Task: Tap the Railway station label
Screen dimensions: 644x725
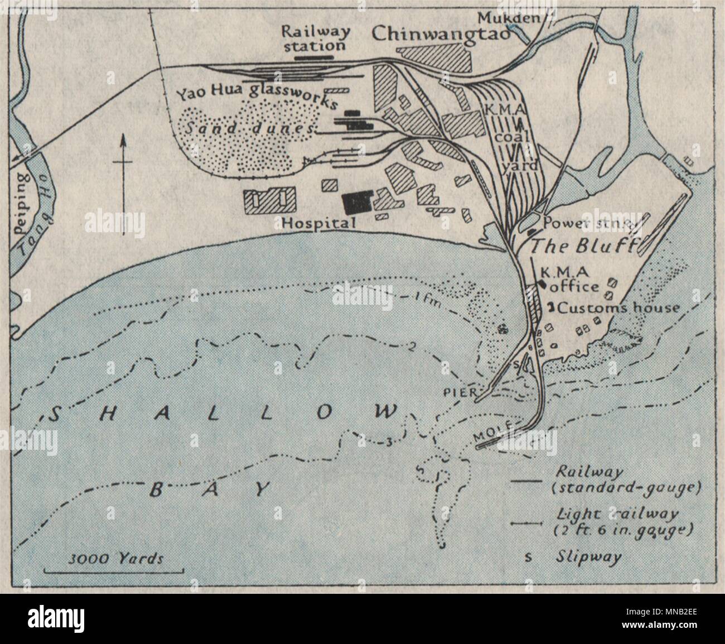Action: point(313,37)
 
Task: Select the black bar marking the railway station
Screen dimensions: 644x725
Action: point(313,56)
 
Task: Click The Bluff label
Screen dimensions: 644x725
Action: point(582,246)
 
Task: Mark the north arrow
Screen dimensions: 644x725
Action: point(123,161)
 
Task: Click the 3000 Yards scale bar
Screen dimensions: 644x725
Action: point(113,570)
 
